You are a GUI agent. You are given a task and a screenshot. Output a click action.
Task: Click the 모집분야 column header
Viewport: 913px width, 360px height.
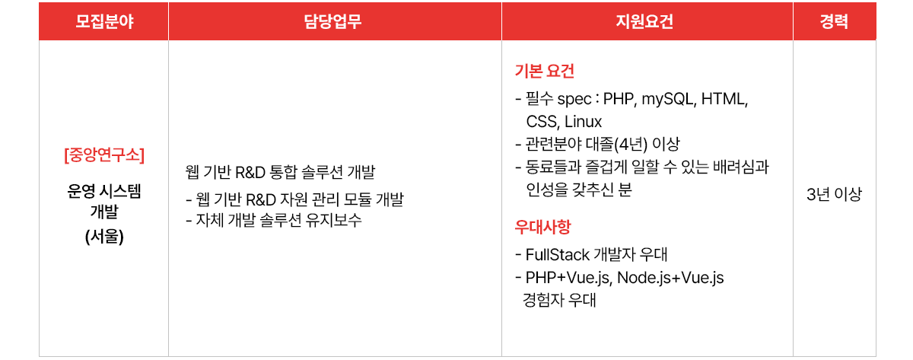(104, 21)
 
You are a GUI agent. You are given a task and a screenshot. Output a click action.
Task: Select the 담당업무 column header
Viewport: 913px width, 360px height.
(332, 21)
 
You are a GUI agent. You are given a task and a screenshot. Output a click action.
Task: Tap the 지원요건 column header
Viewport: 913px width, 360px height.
(644, 21)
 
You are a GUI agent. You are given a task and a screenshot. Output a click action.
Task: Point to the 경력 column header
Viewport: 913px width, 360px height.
(834, 21)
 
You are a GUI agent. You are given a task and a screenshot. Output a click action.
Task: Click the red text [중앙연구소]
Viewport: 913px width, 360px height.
(104, 155)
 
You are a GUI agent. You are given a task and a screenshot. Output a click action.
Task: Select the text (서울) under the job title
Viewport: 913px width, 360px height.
(104, 237)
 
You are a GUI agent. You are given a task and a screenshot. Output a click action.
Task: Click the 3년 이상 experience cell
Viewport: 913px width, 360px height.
(834, 194)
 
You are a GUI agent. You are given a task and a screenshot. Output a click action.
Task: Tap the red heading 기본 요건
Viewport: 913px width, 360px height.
(544, 71)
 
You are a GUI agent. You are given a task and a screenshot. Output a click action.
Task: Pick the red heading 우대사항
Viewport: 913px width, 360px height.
(542, 227)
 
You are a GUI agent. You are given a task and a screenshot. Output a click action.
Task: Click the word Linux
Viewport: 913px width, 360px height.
(583, 122)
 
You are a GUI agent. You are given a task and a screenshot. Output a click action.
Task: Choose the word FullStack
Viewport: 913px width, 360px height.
(557, 255)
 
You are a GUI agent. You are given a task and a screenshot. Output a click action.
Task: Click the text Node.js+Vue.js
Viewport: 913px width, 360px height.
(670, 278)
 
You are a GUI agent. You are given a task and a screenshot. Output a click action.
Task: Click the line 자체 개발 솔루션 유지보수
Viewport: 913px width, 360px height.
(278, 220)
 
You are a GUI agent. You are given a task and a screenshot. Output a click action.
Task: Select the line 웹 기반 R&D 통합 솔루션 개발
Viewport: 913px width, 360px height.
(280, 172)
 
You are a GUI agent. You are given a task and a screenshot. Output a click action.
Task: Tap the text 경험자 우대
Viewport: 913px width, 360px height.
(559, 300)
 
